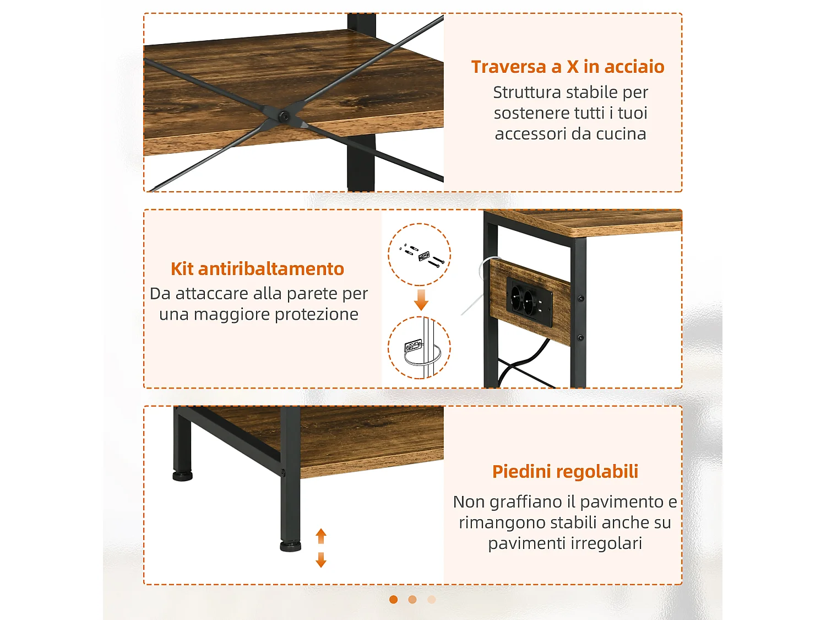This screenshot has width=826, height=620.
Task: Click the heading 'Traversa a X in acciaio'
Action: point(567,67)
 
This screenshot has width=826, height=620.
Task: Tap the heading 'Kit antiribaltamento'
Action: point(257,269)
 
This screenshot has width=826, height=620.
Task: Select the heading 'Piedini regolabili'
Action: point(565,472)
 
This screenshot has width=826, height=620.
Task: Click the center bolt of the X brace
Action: point(284,116)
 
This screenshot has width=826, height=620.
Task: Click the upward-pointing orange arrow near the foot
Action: point(321,535)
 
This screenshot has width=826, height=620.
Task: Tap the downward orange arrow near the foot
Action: point(321,560)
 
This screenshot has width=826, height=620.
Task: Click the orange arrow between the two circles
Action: point(421,299)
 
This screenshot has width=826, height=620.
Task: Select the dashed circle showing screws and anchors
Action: point(420,254)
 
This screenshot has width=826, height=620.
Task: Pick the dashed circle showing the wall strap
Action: point(420,348)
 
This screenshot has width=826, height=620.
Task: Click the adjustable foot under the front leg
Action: point(290,546)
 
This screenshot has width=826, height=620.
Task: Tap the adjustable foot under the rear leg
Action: point(182,476)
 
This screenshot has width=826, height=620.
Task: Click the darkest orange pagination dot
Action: point(393,600)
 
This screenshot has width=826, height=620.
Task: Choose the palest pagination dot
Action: point(432,600)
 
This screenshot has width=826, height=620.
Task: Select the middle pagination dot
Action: point(412,600)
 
